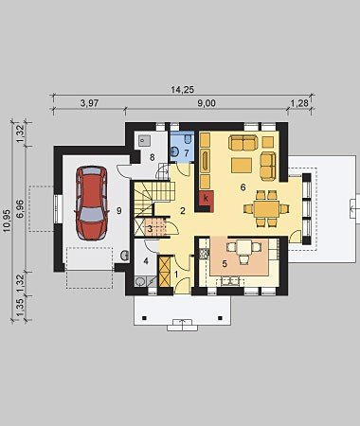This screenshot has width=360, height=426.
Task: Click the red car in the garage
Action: [91, 204]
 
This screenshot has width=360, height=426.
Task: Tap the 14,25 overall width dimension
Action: [182, 90]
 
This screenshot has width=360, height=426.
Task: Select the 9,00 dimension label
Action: [207, 103]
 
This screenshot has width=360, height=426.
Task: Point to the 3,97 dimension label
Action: [89, 103]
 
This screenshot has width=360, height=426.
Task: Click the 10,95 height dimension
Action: [8, 221]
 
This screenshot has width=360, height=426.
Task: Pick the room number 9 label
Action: [118, 210]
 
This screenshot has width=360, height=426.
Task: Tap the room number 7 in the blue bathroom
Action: [187, 153]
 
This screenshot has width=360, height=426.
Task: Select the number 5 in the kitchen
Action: [225, 263]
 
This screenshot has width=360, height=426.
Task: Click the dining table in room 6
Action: [267, 209]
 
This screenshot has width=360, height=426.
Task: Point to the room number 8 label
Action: [153, 157]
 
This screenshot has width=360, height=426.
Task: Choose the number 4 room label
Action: [146, 261]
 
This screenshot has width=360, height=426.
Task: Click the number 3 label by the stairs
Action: [151, 229]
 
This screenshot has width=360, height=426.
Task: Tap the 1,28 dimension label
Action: [299, 103]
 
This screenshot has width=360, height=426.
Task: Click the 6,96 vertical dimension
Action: [20, 208]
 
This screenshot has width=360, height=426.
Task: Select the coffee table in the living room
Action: [242, 166]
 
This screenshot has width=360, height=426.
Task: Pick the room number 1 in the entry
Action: [176, 275]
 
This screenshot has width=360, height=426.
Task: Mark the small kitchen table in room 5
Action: [244, 247]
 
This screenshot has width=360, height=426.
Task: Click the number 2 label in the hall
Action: [183, 210]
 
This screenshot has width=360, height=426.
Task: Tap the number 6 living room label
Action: [243, 187]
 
